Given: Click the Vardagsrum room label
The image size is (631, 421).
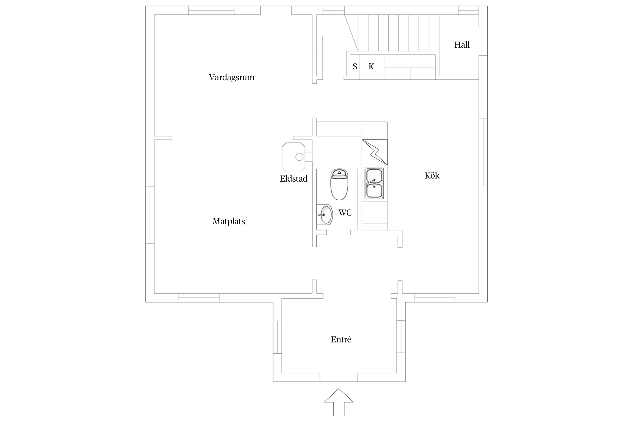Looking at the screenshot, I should (231, 77).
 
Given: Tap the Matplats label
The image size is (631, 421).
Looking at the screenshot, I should (229, 221).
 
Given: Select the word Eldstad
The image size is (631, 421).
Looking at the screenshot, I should (293, 179).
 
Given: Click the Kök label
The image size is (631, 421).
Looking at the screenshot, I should (432, 176).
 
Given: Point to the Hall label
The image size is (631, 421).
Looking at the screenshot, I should (462, 45).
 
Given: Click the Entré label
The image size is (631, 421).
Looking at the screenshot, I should (341, 340).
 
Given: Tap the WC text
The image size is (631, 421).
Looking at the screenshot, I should (345, 213).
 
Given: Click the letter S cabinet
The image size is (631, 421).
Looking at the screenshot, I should (355, 67).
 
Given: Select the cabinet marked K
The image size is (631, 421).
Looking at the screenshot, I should (372, 67).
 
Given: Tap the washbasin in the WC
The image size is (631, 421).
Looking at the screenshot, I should (325, 215).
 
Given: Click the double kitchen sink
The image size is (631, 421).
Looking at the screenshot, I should (374, 184).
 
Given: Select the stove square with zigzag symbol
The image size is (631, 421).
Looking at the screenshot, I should (375, 152).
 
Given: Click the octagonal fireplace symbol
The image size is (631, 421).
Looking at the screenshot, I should (293, 157).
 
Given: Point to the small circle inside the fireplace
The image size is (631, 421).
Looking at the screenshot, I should (299, 157).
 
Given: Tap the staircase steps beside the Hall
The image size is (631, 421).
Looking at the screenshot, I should (398, 33).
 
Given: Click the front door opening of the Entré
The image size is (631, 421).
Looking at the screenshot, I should (339, 377).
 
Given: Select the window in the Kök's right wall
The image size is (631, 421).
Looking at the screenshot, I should (483, 152).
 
